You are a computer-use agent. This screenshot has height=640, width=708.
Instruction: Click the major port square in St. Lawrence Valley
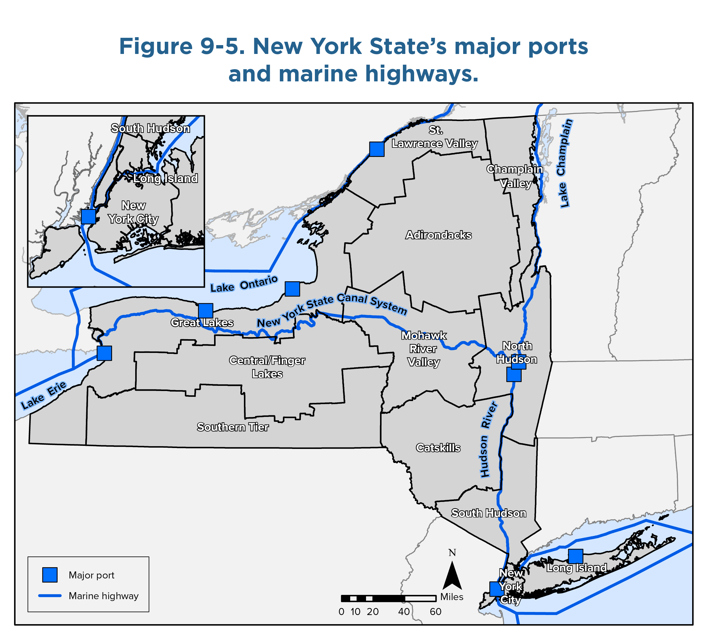376,149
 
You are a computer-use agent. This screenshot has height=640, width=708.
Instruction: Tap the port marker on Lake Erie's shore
104,353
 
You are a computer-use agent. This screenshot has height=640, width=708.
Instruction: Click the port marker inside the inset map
88,216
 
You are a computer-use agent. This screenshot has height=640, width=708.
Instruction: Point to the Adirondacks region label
439,235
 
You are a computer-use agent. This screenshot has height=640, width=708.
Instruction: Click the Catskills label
438,448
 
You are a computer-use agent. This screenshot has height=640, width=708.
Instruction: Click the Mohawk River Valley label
424,349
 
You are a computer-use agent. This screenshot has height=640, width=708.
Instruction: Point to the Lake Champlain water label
564,163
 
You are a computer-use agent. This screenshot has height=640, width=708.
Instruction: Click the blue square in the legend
50,575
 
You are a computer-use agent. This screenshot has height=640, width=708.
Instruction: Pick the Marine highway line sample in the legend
50,596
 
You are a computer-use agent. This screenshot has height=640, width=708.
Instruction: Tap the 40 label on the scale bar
404,612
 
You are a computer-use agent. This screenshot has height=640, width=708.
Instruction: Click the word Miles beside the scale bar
452,597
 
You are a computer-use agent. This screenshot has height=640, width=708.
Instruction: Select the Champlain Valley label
515,176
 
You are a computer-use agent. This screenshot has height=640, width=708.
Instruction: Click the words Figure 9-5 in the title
182,46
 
